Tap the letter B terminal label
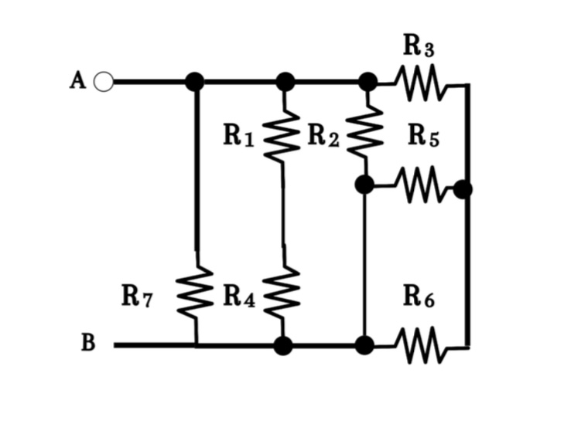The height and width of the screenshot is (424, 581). tap(88, 343)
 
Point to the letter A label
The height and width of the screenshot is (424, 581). tap(77, 81)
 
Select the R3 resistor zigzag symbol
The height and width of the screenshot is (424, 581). tap(422, 81)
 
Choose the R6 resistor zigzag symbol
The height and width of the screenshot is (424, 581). tap(422, 344)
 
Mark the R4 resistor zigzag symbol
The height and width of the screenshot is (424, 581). tap(283, 294)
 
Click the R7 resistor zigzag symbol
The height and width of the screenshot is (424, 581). tap(196, 294)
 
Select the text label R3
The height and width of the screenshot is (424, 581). tap(419, 46)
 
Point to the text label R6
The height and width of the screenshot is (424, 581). tap(419, 297)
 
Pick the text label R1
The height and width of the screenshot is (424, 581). tap(238, 136)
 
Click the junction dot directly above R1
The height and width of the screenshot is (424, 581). tap(285, 81)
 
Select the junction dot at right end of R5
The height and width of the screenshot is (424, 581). tap(463, 188)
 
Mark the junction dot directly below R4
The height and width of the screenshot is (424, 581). tap(283, 345)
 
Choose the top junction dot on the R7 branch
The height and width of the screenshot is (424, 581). tap(196, 81)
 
